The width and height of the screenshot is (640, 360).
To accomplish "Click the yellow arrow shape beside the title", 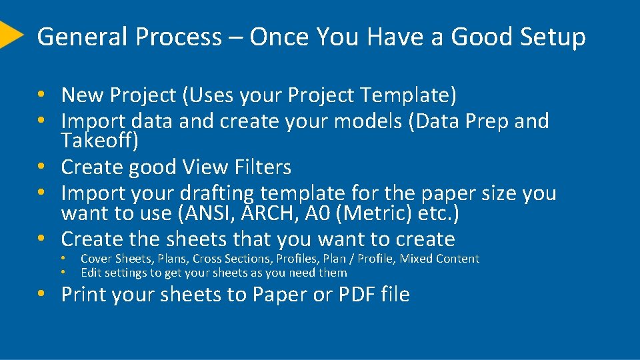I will coord(9,35).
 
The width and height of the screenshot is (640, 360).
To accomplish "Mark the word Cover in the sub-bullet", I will coord(96,259).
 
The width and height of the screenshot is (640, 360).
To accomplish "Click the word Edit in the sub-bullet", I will coord(91,273).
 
